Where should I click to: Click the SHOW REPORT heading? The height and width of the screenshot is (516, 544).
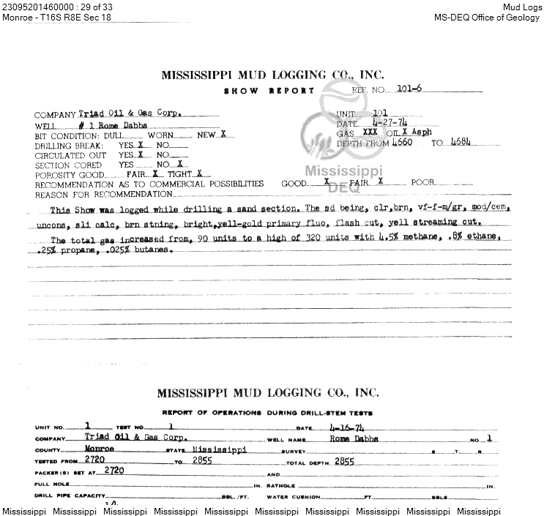(269, 91)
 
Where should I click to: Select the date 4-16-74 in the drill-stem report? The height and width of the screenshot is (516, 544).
(330, 427)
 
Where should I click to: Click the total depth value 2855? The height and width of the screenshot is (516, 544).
(344, 461)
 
